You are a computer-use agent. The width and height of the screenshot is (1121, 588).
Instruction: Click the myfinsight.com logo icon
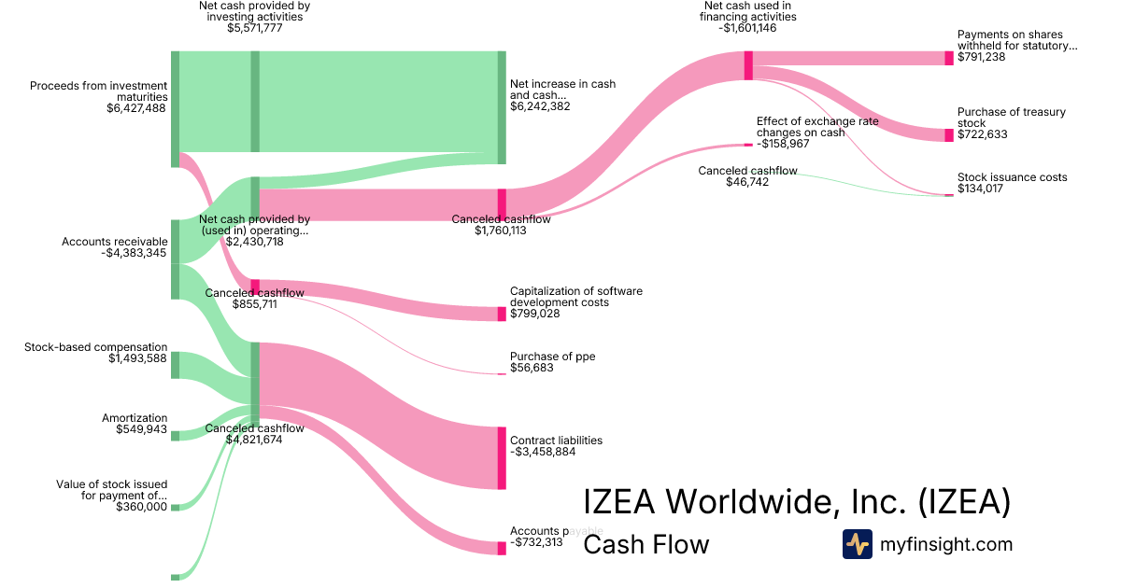[x=858, y=544]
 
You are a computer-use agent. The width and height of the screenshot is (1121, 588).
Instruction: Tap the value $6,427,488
[x=136, y=108]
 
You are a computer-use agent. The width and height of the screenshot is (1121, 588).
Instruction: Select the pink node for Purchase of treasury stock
[x=949, y=135]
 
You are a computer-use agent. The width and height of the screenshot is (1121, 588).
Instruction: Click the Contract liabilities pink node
[x=502, y=457]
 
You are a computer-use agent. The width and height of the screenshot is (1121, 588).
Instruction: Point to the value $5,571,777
[x=254, y=28]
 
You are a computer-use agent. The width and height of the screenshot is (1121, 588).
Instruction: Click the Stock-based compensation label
[x=96, y=347]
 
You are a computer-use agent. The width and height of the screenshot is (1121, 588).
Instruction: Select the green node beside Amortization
[x=175, y=436]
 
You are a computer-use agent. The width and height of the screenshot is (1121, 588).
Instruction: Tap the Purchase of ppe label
[x=552, y=357]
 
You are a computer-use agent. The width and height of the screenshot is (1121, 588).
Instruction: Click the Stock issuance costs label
[x=1012, y=177]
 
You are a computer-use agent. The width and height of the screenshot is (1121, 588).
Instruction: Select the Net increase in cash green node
[x=502, y=107]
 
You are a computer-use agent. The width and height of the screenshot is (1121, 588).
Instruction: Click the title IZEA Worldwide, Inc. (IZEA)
[x=797, y=501]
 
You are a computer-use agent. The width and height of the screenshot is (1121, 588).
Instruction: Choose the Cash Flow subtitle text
[x=646, y=544]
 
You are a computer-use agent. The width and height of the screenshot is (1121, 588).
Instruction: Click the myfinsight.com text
[x=946, y=544]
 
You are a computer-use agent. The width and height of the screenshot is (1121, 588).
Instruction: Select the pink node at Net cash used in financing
[x=748, y=65]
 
